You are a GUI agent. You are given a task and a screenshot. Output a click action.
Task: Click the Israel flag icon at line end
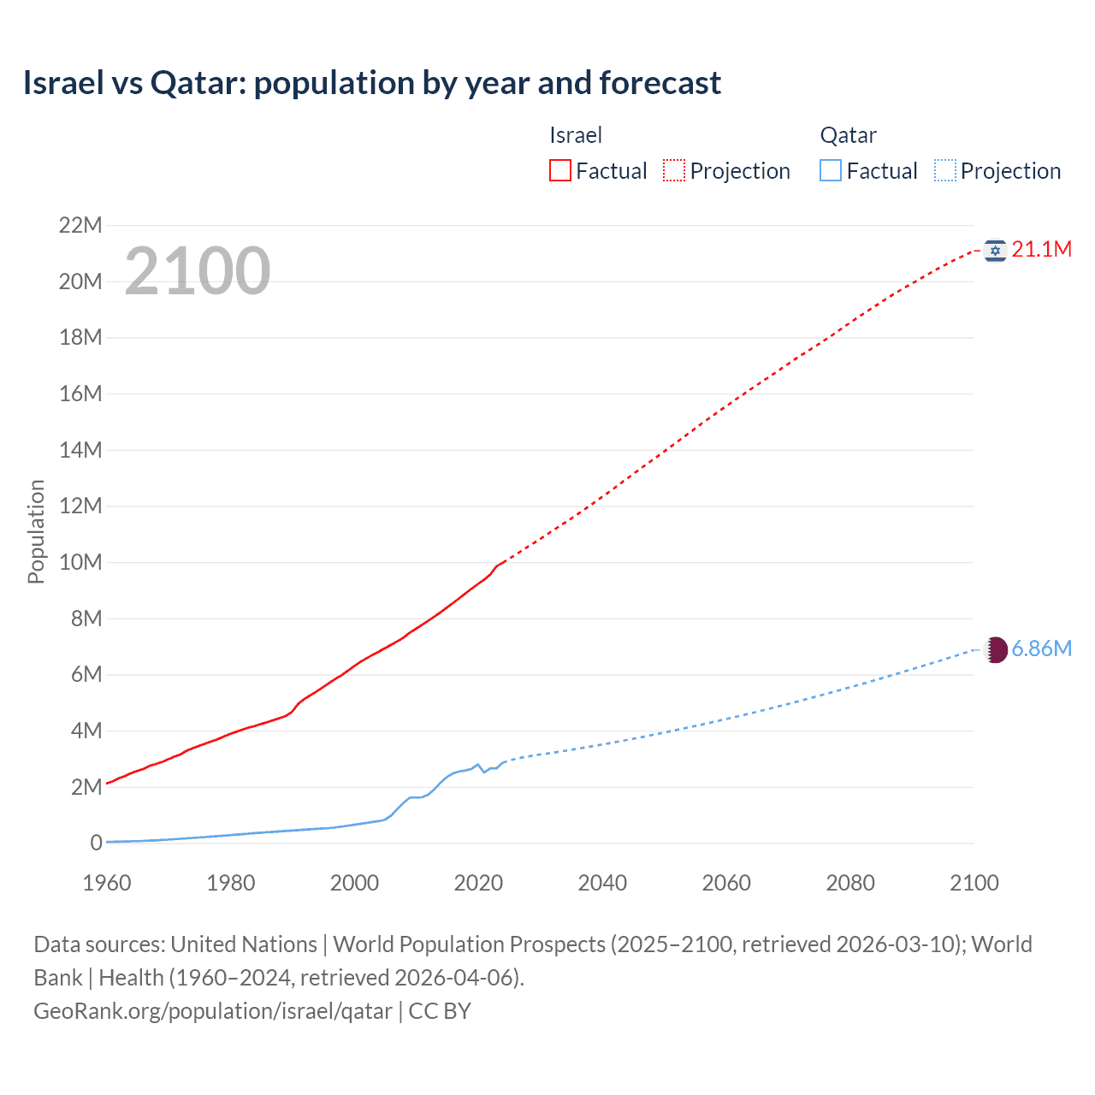[x=995, y=250]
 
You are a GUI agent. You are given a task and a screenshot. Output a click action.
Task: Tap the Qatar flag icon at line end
[x=996, y=649]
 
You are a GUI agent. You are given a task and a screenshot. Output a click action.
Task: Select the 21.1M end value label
[x=1041, y=250]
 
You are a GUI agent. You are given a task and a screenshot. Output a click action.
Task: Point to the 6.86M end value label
[x=1041, y=649]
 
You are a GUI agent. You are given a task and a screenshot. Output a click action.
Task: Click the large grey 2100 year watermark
[x=198, y=271]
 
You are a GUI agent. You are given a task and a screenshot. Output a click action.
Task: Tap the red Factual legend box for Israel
[x=559, y=171]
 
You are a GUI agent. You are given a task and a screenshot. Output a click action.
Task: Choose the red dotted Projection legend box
[x=674, y=171]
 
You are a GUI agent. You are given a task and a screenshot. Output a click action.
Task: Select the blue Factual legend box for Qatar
[x=831, y=171]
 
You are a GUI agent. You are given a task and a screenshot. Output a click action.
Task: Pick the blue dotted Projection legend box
[x=945, y=171]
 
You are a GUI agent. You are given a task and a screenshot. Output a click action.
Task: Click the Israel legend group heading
[x=576, y=135]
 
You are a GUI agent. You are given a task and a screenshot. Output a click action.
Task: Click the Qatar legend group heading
[x=848, y=135]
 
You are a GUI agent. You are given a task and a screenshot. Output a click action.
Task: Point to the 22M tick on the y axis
[x=80, y=226]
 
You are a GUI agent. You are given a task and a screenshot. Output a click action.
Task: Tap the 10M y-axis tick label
[x=80, y=563]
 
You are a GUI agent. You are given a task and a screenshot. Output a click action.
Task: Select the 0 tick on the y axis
[x=96, y=843]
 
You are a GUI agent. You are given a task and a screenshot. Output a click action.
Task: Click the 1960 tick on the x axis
[x=107, y=883]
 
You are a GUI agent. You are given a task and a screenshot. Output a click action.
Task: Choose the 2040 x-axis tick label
[x=602, y=883]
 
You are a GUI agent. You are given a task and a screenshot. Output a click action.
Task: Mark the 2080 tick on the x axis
[x=850, y=883]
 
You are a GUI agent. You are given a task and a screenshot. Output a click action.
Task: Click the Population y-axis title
[x=36, y=531]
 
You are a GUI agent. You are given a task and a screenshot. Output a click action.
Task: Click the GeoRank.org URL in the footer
[x=213, y=1011]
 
